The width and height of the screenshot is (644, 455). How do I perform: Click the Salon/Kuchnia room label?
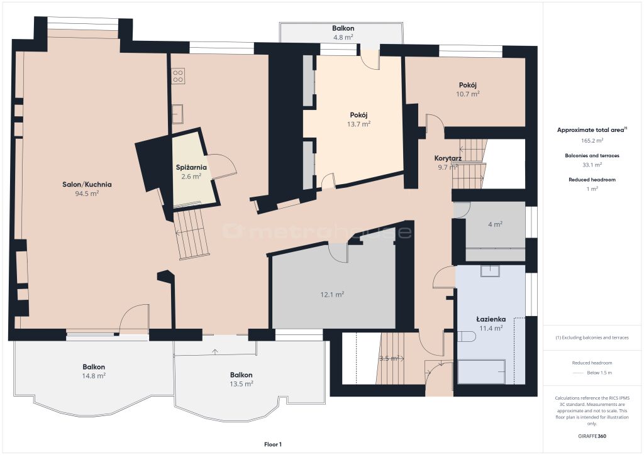pyautogui.click(x=87, y=185)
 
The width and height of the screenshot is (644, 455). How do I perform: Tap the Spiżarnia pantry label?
pyautogui.click(x=191, y=167)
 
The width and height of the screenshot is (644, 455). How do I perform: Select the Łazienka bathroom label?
pyautogui.click(x=491, y=319)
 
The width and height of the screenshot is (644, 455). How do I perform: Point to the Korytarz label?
pyautogui.click(x=448, y=158)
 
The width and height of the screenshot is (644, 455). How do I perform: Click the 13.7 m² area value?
pyautogui.click(x=358, y=124)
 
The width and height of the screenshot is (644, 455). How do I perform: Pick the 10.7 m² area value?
pyautogui.click(x=467, y=94)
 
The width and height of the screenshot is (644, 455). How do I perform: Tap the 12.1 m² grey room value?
pyautogui.click(x=332, y=295)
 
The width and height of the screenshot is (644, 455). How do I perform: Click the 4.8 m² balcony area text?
pyautogui.click(x=343, y=37)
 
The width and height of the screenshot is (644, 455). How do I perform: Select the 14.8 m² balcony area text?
pyautogui.click(x=94, y=376)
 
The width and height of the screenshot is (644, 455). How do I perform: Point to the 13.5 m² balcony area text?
pyautogui.click(x=241, y=384)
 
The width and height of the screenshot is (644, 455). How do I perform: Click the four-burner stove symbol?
pyautogui.click(x=178, y=76)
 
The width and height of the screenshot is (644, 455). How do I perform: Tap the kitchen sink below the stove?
pyautogui.click(x=177, y=114)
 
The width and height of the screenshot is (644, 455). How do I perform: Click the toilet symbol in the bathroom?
pyautogui.click(x=467, y=337)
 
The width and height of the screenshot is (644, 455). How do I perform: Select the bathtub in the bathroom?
pyautogui.click(x=481, y=371)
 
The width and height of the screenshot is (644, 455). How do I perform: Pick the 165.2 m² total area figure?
pyautogui.click(x=592, y=140)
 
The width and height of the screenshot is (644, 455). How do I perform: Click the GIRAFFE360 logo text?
pyautogui.click(x=592, y=436)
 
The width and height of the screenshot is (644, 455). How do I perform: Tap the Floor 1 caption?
pyautogui.click(x=273, y=444)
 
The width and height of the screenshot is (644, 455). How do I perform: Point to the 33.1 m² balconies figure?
pyautogui.click(x=592, y=165)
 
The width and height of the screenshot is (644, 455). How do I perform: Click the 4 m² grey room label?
pyautogui.click(x=495, y=224)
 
